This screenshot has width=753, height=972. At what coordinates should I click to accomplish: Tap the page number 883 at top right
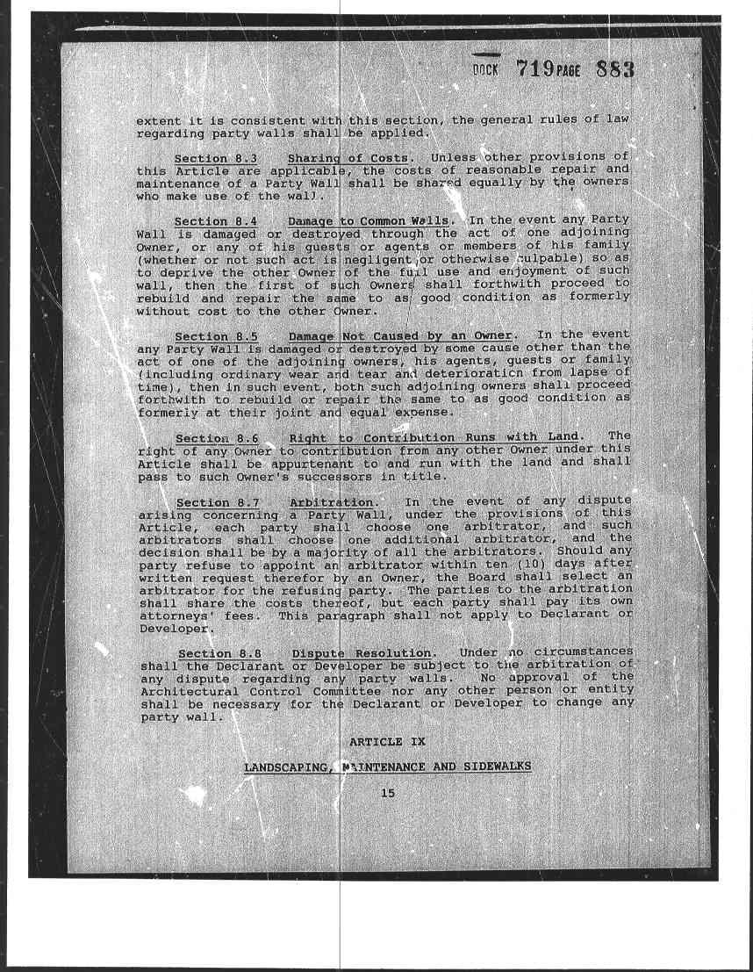[x=614, y=69]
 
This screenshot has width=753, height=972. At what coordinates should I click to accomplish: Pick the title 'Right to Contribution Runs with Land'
[x=434, y=437]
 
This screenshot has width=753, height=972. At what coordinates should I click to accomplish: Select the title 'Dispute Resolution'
[x=362, y=654]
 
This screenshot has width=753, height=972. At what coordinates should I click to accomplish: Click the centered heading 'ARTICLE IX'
[x=387, y=742]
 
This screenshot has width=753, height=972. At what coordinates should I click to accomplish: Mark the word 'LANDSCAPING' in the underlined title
[x=287, y=767]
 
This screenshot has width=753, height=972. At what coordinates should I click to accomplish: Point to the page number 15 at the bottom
[x=388, y=794]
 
